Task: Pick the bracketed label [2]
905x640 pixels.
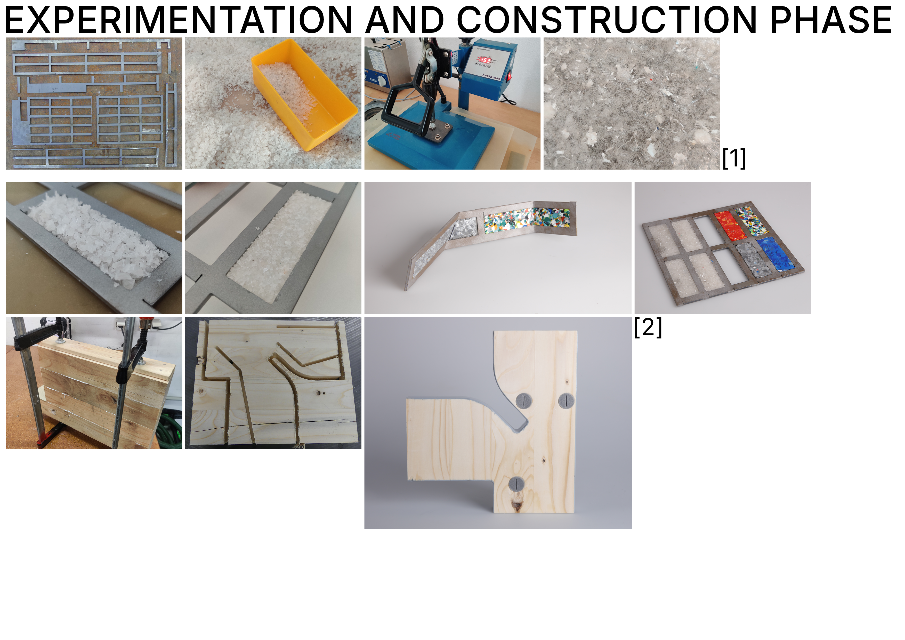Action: point(648,327)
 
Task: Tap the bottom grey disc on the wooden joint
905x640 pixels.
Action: point(516,484)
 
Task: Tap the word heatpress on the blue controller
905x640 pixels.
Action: point(491,76)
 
